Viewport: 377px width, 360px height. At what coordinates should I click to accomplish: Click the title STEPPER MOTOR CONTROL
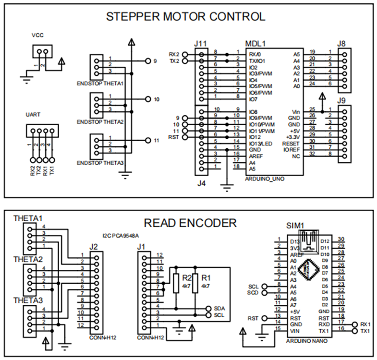(185, 16)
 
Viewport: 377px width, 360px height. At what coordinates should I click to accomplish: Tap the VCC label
(38, 36)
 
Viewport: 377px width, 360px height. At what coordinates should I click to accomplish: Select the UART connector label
(33, 115)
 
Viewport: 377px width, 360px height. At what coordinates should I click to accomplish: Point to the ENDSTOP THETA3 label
(100, 163)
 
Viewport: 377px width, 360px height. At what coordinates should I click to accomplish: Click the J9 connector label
(341, 101)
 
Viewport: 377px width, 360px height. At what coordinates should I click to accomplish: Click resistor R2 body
(176, 283)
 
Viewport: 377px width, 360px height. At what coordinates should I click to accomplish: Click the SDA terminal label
(219, 308)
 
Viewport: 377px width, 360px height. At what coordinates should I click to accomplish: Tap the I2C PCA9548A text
(121, 236)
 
